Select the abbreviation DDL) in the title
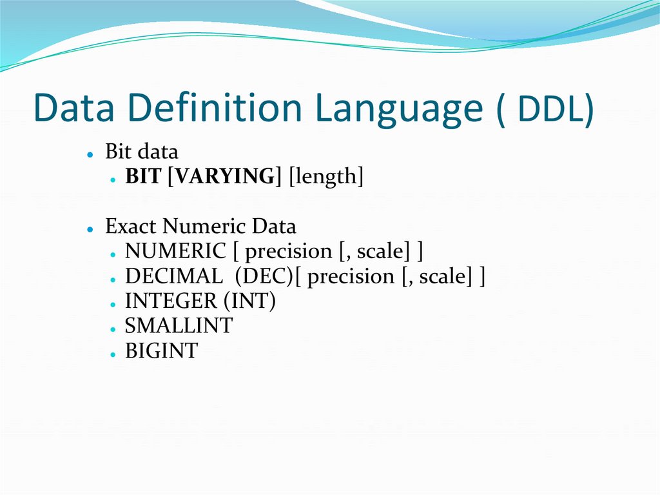coord(556,109)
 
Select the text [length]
coord(326,176)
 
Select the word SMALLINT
coord(179,326)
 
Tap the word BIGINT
coord(161,351)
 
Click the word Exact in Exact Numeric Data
coord(131,227)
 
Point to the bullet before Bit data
coord(92,154)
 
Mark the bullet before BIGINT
coord(112,354)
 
